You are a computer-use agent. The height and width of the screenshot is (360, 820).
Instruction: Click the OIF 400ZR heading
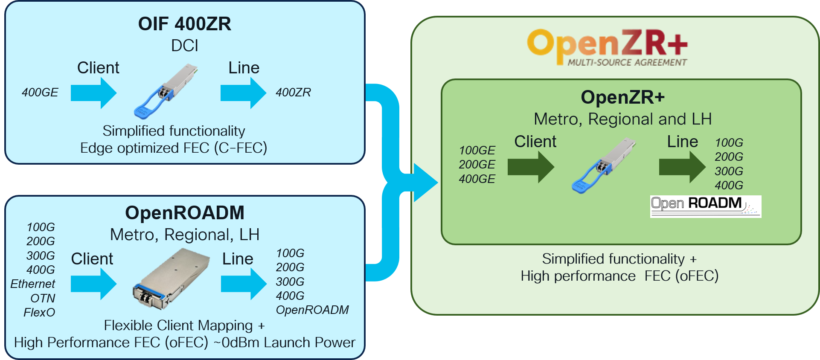[184, 23]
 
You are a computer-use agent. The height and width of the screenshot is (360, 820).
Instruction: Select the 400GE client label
[40, 92]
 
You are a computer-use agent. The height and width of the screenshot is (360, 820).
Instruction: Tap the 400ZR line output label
[293, 92]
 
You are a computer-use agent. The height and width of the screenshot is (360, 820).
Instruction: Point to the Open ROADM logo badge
[705, 206]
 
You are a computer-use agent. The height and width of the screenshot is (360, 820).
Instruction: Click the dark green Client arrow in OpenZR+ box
[530, 167]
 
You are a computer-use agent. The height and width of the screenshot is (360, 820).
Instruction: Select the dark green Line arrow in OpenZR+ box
[682, 167]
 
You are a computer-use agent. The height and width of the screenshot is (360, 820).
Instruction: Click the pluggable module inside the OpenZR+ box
[603, 165]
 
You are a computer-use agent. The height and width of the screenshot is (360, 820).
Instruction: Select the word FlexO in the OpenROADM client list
[39, 312]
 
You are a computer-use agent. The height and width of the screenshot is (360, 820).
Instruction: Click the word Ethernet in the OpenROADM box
[33, 284]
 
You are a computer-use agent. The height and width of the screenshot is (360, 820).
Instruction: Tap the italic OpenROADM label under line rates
[312, 310]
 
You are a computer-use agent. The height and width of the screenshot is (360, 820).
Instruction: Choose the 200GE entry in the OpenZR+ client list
[477, 164]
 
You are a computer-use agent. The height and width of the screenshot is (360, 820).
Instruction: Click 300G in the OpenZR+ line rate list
[729, 171]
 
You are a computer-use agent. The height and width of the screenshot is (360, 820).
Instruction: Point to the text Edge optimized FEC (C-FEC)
[174, 148]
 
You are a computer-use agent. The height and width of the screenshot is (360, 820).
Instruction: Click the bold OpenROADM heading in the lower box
[184, 212]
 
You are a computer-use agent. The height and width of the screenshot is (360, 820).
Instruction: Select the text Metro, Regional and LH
[622, 119]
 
